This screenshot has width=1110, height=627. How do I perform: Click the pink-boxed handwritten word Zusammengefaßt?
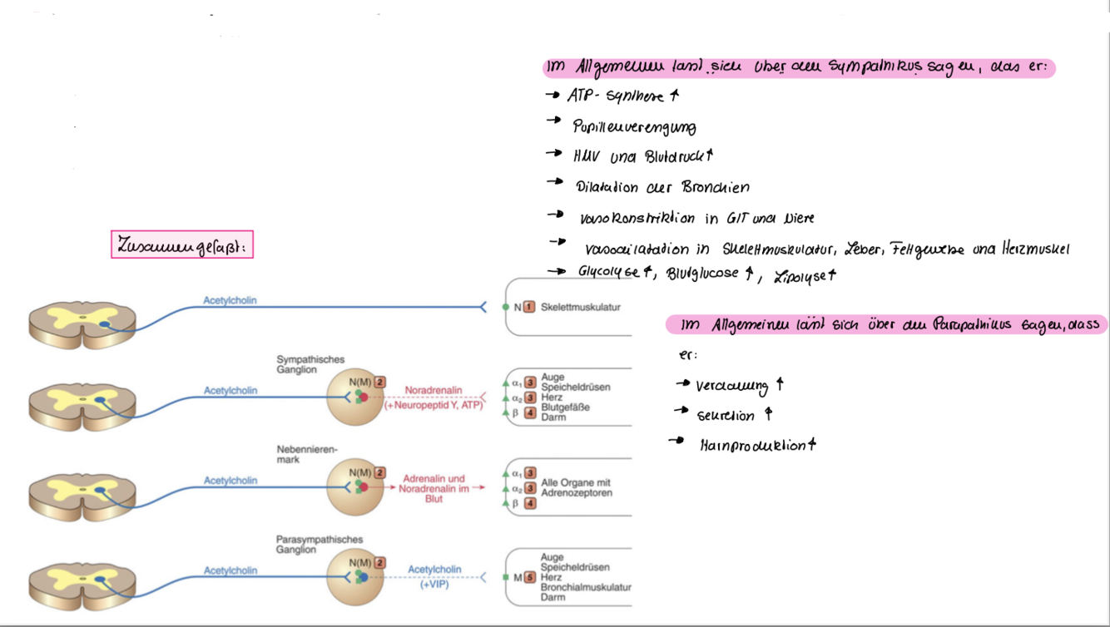(181, 245)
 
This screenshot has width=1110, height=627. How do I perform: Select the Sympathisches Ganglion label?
(310, 364)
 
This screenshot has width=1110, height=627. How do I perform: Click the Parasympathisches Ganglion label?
(319, 545)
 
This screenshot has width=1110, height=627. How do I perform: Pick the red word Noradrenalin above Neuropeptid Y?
(433, 390)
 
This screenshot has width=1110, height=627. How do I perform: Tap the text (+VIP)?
(434, 585)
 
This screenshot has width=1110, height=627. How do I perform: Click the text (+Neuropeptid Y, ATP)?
(433, 405)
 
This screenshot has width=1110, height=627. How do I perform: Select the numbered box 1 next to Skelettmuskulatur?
(529, 308)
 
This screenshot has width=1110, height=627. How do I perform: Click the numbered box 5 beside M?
(529, 577)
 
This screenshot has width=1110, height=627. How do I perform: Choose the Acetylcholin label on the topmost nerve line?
(230, 300)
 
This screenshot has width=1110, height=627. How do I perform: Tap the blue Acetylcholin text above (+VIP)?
(434, 570)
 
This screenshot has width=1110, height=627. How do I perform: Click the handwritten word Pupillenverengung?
(634, 127)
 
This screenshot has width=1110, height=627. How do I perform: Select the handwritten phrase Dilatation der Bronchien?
(662, 187)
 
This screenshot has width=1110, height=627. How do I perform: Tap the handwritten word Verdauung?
(731, 386)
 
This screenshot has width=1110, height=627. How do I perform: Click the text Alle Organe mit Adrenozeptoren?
(576, 488)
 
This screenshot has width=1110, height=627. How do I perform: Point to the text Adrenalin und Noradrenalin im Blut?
(433, 489)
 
